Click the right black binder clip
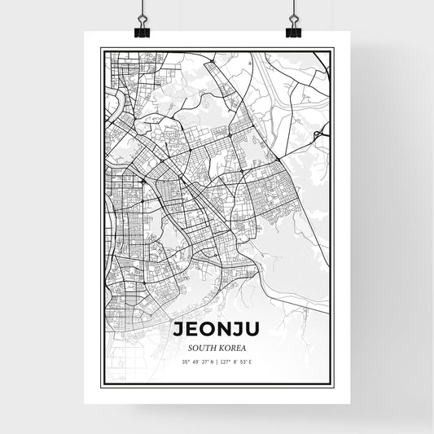(293, 31)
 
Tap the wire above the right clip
(293, 10)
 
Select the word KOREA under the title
(231, 348)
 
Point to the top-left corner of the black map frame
(101, 50)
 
